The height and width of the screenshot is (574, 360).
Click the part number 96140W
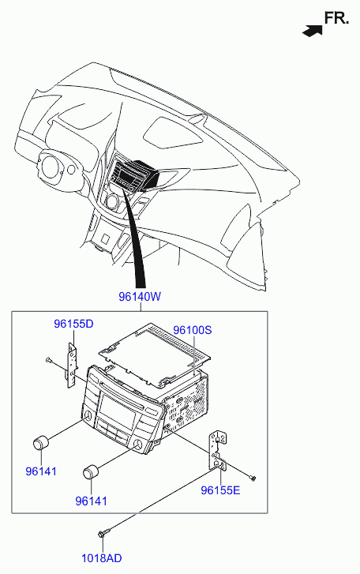pyautogui.click(x=140, y=297)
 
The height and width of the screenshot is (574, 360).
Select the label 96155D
pyautogui.click(x=73, y=324)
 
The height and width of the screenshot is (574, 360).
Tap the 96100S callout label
pyautogui.click(x=192, y=330)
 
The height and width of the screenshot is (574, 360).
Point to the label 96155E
pyautogui.click(x=220, y=490)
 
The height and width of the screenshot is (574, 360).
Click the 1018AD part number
pyautogui.click(x=101, y=558)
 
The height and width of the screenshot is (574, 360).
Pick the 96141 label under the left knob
pyautogui.click(x=41, y=471)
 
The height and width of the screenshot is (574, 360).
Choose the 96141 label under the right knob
pyautogui.click(x=91, y=501)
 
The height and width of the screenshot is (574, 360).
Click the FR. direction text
pyautogui.click(x=336, y=18)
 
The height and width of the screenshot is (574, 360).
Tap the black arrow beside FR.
pyautogui.click(x=313, y=31)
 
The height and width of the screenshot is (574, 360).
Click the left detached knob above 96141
pyautogui.click(x=41, y=443)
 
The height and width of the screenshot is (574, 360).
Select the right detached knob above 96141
pyautogui.click(x=91, y=472)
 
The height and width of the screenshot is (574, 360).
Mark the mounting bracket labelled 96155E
pyautogui.click(x=218, y=451)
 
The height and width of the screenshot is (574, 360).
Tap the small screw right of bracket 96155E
pyautogui.click(x=253, y=478)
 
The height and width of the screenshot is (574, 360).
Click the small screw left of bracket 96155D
pyautogui.click(x=49, y=360)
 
